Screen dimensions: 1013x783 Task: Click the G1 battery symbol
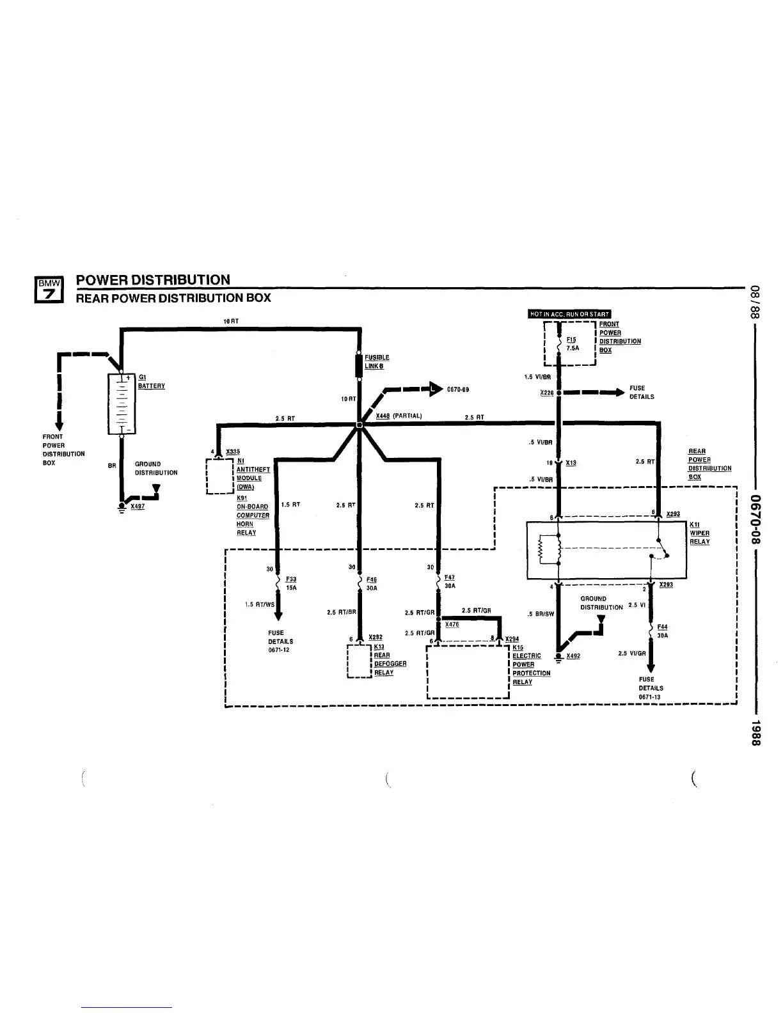click(x=122, y=404)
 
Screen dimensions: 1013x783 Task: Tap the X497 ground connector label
click(x=138, y=506)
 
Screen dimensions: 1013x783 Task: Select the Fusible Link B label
click(x=377, y=362)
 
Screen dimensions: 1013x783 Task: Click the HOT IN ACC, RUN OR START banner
click(x=569, y=313)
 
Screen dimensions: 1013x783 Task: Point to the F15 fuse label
click(x=571, y=340)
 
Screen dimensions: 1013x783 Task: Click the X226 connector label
click(x=546, y=393)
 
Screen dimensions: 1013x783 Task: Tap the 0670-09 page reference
click(x=458, y=389)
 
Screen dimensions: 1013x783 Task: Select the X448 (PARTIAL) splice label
click(x=398, y=416)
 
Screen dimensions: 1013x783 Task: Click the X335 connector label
click(x=233, y=452)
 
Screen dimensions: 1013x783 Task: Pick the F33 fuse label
click(x=291, y=579)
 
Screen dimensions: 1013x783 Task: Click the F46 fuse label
click(x=372, y=579)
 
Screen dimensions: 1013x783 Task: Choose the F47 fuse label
click(x=450, y=577)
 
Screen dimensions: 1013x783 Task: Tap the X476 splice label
click(x=452, y=624)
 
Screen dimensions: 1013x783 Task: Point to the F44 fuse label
click(x=662, y=627)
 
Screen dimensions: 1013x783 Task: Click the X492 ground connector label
click(x=573, y=656)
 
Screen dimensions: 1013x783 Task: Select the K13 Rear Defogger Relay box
click(x=359, y=661)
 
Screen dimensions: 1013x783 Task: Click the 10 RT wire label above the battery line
click(x=231, y=321)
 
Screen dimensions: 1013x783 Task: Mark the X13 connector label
click(x=571, y=462)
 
